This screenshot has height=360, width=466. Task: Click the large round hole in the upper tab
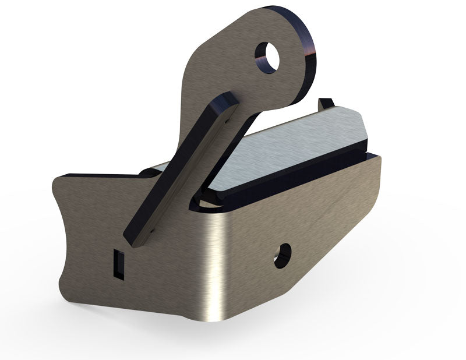point(269,57)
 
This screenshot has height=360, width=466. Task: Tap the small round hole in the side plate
point(283,255)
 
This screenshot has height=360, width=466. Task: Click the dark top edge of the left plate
point(99,175)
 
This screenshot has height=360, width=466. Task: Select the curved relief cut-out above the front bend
point(201,201)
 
